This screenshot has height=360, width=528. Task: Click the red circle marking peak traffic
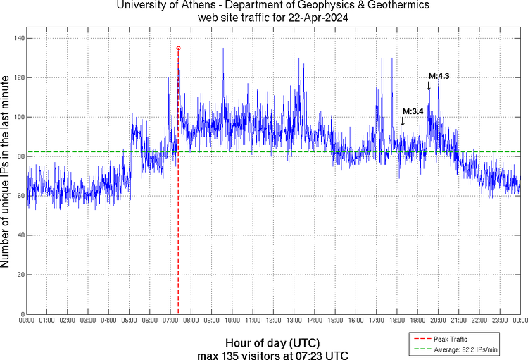(x=178, y=48)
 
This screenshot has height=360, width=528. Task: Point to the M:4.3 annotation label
(x=439, y=76)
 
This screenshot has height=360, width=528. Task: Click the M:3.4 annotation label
(x=413, y=111)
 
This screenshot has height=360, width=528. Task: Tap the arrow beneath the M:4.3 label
(x=428, y=86)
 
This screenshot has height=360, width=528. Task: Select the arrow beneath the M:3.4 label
(x=402, y=121)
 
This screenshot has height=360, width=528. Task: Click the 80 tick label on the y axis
(x=19, y=156)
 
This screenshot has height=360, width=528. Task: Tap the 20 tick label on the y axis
(x=19, y=275)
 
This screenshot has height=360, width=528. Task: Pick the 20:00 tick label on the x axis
(x=438, y=321)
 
